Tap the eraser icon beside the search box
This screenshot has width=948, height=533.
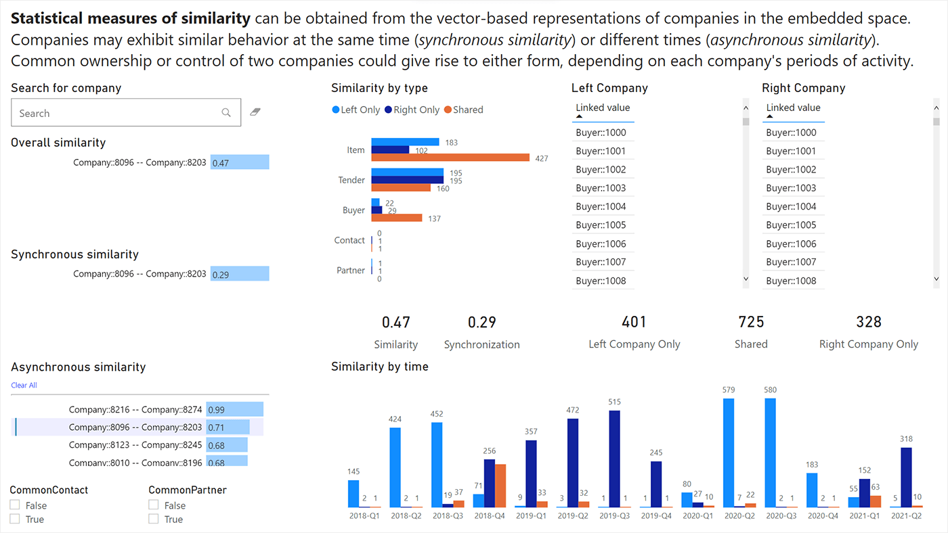coord(255,112)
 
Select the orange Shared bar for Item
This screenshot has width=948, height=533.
coord(450,158)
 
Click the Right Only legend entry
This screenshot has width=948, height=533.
coord(412,110)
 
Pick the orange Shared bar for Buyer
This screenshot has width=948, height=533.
coord(397,218)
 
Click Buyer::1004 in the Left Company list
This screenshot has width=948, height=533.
coord(601,206)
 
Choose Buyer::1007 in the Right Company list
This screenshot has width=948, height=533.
coord(791,262)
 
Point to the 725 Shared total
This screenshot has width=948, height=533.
coord(751,322)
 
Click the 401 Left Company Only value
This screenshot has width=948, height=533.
coord(634,322)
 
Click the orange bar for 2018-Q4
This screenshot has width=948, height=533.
coord(500,485)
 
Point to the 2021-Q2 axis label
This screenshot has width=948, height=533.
coord(906,515)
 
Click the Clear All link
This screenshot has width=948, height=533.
coord(24,386)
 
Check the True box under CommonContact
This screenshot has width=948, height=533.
coord(15,519)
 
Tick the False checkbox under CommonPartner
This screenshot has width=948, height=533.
coord(154,505)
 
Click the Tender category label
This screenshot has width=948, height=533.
coord(351,180)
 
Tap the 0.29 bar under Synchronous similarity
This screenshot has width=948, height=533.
coord(240,274)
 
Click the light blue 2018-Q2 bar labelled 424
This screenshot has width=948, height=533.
coord(395,467)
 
